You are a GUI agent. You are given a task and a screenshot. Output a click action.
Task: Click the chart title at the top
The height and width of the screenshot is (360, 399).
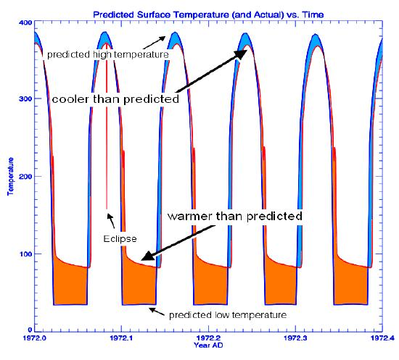click(x=208, y=14)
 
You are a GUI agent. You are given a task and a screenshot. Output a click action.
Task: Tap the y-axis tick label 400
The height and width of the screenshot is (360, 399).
click(x=25, y=22)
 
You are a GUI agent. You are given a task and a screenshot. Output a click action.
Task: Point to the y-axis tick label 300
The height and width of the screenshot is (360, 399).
click(x=25, y=99)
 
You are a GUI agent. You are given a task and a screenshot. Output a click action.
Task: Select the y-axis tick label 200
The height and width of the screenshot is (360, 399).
click(x=25, y=176)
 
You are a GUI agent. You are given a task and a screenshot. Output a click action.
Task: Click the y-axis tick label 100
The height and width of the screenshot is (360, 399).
click(x=25, y=254)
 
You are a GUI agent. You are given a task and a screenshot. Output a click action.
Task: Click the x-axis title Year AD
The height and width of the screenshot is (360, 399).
click(x=208, y=345)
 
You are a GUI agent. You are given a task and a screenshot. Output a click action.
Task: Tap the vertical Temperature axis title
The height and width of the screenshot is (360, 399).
click(x=10, y=176)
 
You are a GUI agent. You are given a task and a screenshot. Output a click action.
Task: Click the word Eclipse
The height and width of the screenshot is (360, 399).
click(x=120, y=239)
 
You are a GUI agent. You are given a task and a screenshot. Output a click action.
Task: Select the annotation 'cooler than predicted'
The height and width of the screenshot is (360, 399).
click(x=115, y=99)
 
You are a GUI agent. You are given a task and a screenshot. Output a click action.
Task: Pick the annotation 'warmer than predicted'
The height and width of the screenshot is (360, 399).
click(x=235, y=216)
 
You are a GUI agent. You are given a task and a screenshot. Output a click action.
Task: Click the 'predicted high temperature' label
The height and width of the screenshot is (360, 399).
click(x=108, y=54)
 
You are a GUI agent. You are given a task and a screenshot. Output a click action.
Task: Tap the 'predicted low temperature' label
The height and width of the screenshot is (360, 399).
click(x=228, y=315)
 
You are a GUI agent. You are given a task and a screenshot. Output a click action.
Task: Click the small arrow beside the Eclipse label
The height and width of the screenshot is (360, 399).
click(x=111, y=221)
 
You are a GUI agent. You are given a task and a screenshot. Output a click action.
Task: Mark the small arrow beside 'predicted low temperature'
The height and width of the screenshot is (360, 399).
click(x=157, y=311)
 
